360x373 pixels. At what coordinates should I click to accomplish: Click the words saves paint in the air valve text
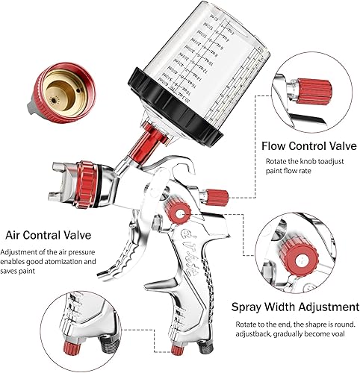23,274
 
